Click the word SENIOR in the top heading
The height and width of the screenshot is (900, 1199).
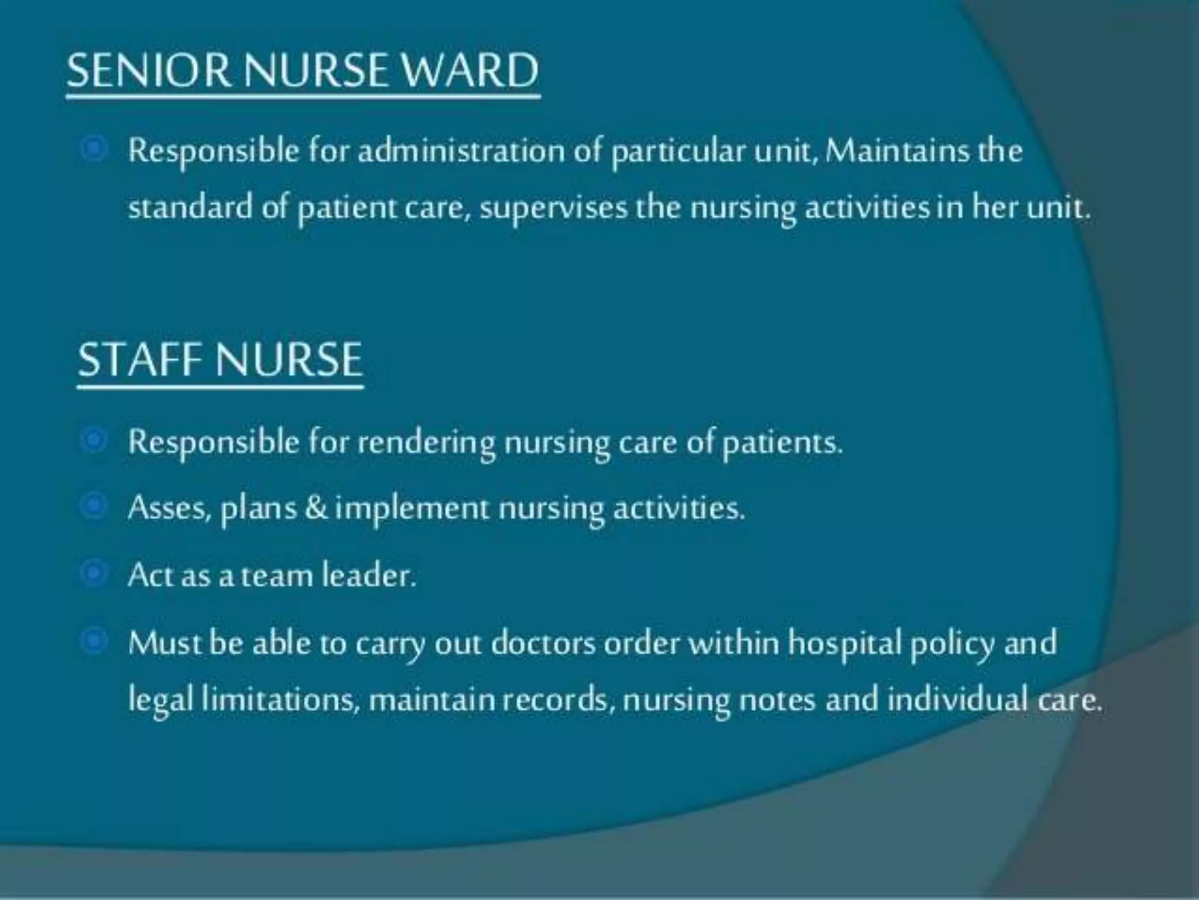(149, 70)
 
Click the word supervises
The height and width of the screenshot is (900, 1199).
(553, 209)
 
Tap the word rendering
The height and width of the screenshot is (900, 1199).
(426, 442)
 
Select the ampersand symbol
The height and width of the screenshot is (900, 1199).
(316, 507)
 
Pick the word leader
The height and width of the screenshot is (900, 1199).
(369, 575)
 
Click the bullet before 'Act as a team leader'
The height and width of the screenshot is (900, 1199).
(93, 574)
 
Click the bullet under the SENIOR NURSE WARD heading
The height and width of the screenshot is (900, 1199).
(93, 150)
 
